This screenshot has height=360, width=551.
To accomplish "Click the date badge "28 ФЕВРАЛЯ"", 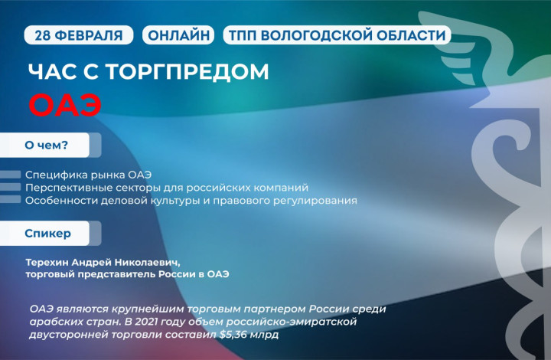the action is point(78,35).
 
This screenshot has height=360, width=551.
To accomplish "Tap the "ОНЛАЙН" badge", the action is point(178,35).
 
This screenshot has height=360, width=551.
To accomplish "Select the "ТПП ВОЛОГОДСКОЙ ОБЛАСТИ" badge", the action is point(337,35).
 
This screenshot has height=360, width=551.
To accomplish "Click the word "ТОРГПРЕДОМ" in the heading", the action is point(187,72).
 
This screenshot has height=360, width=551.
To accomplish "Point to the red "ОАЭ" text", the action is point(65,105).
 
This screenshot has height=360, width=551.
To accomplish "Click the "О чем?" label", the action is point(46,145).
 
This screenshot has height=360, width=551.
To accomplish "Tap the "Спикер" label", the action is point(47,233).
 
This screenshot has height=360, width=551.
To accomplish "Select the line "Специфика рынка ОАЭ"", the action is point(88,175).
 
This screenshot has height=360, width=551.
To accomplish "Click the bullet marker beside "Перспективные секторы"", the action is point(10,187).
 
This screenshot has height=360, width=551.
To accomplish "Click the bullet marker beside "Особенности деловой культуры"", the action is point(10,200).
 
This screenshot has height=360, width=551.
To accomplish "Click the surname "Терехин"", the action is point(47,262).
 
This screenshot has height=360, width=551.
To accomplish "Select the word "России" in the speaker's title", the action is point(177,274).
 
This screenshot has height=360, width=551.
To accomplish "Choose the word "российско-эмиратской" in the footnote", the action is point(292,322).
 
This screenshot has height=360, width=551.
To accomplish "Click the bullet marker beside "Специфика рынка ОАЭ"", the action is point(10,175).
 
